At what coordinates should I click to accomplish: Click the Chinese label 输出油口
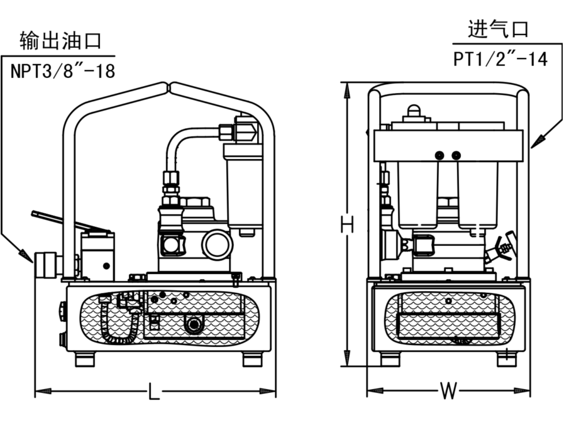pos(60,42)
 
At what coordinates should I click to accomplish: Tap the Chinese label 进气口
pos(498,29)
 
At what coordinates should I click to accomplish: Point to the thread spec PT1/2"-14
pos(500,58)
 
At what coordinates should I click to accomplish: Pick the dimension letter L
pos(153,392)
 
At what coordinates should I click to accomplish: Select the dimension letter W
pos(448,392)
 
